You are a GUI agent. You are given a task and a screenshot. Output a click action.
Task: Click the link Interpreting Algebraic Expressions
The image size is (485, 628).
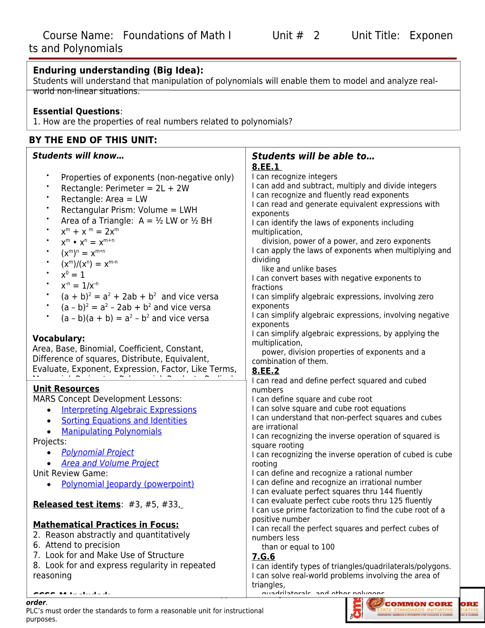pos(129,410)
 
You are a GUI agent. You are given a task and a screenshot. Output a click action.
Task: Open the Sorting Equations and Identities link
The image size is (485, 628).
pos(124,421)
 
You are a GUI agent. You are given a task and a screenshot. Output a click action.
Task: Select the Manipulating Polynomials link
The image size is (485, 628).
pos(111,432)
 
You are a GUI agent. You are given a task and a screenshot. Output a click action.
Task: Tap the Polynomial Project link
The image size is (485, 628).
pos(97,452)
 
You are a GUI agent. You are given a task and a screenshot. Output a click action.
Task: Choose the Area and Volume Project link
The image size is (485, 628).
pos(110,463)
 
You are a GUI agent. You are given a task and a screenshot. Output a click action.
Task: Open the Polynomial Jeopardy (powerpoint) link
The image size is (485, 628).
pos(127,484)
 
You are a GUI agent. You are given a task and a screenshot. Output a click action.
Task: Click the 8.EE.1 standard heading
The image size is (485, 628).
pos(266,167)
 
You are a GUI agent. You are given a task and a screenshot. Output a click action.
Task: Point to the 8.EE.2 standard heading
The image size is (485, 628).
pos(265,371)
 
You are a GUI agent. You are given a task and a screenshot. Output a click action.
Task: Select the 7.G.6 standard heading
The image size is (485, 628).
pos(263,556)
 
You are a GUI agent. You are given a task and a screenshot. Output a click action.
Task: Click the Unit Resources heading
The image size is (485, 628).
pos(66,389)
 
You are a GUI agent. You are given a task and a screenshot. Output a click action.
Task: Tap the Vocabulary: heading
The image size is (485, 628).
pos(58,338)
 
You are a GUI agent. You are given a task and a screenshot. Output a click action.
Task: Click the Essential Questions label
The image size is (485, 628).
pos(77,111)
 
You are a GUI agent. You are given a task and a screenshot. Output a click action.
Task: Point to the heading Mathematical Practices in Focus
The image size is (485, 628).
pos(106,524)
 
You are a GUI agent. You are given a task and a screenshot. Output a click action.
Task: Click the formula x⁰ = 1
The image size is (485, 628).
pos(73,275)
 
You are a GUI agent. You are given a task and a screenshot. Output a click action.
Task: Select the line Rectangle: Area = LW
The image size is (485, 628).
pos(104,199)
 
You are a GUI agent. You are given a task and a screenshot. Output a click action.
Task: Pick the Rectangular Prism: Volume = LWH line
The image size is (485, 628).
pos(129,210)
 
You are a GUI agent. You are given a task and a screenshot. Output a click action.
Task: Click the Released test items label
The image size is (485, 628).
pos(77,504)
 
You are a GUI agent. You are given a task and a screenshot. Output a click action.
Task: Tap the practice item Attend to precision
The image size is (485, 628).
pos(82,545)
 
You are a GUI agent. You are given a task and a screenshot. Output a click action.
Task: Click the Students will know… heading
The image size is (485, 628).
pos(78,156)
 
